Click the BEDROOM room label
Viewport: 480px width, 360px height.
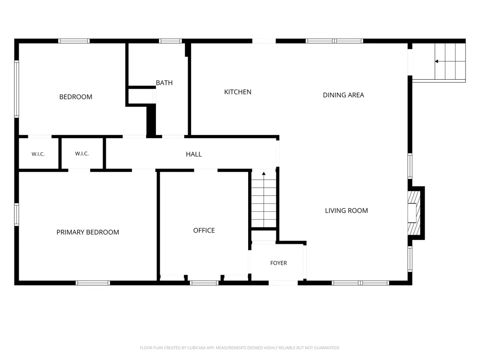coord(76,97)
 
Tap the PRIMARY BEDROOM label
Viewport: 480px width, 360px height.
coord(87,232)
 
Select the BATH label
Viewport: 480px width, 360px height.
coord(164,83)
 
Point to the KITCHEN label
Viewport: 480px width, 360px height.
coord(238,92)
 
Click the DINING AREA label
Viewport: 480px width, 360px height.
coord(344,95)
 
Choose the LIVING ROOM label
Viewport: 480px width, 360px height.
coord(346,211)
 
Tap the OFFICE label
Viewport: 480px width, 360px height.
coord(204,230)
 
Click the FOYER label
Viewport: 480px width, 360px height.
coord(278,263)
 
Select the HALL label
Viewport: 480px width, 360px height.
coord(194,154)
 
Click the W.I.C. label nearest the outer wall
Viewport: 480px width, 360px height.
coord(38,154)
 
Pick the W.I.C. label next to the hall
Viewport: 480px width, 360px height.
coord(82,154)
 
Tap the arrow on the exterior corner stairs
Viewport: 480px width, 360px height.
coord(437,61)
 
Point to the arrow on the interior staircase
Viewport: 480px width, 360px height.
coord(264,174)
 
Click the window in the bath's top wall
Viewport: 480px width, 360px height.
coord(170,41)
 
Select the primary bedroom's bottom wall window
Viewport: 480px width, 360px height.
coord(93,283)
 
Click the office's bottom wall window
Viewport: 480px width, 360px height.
coord(204,283)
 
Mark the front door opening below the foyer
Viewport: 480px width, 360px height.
coord(283,283)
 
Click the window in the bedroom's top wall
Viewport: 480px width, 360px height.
coord(74,41)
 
